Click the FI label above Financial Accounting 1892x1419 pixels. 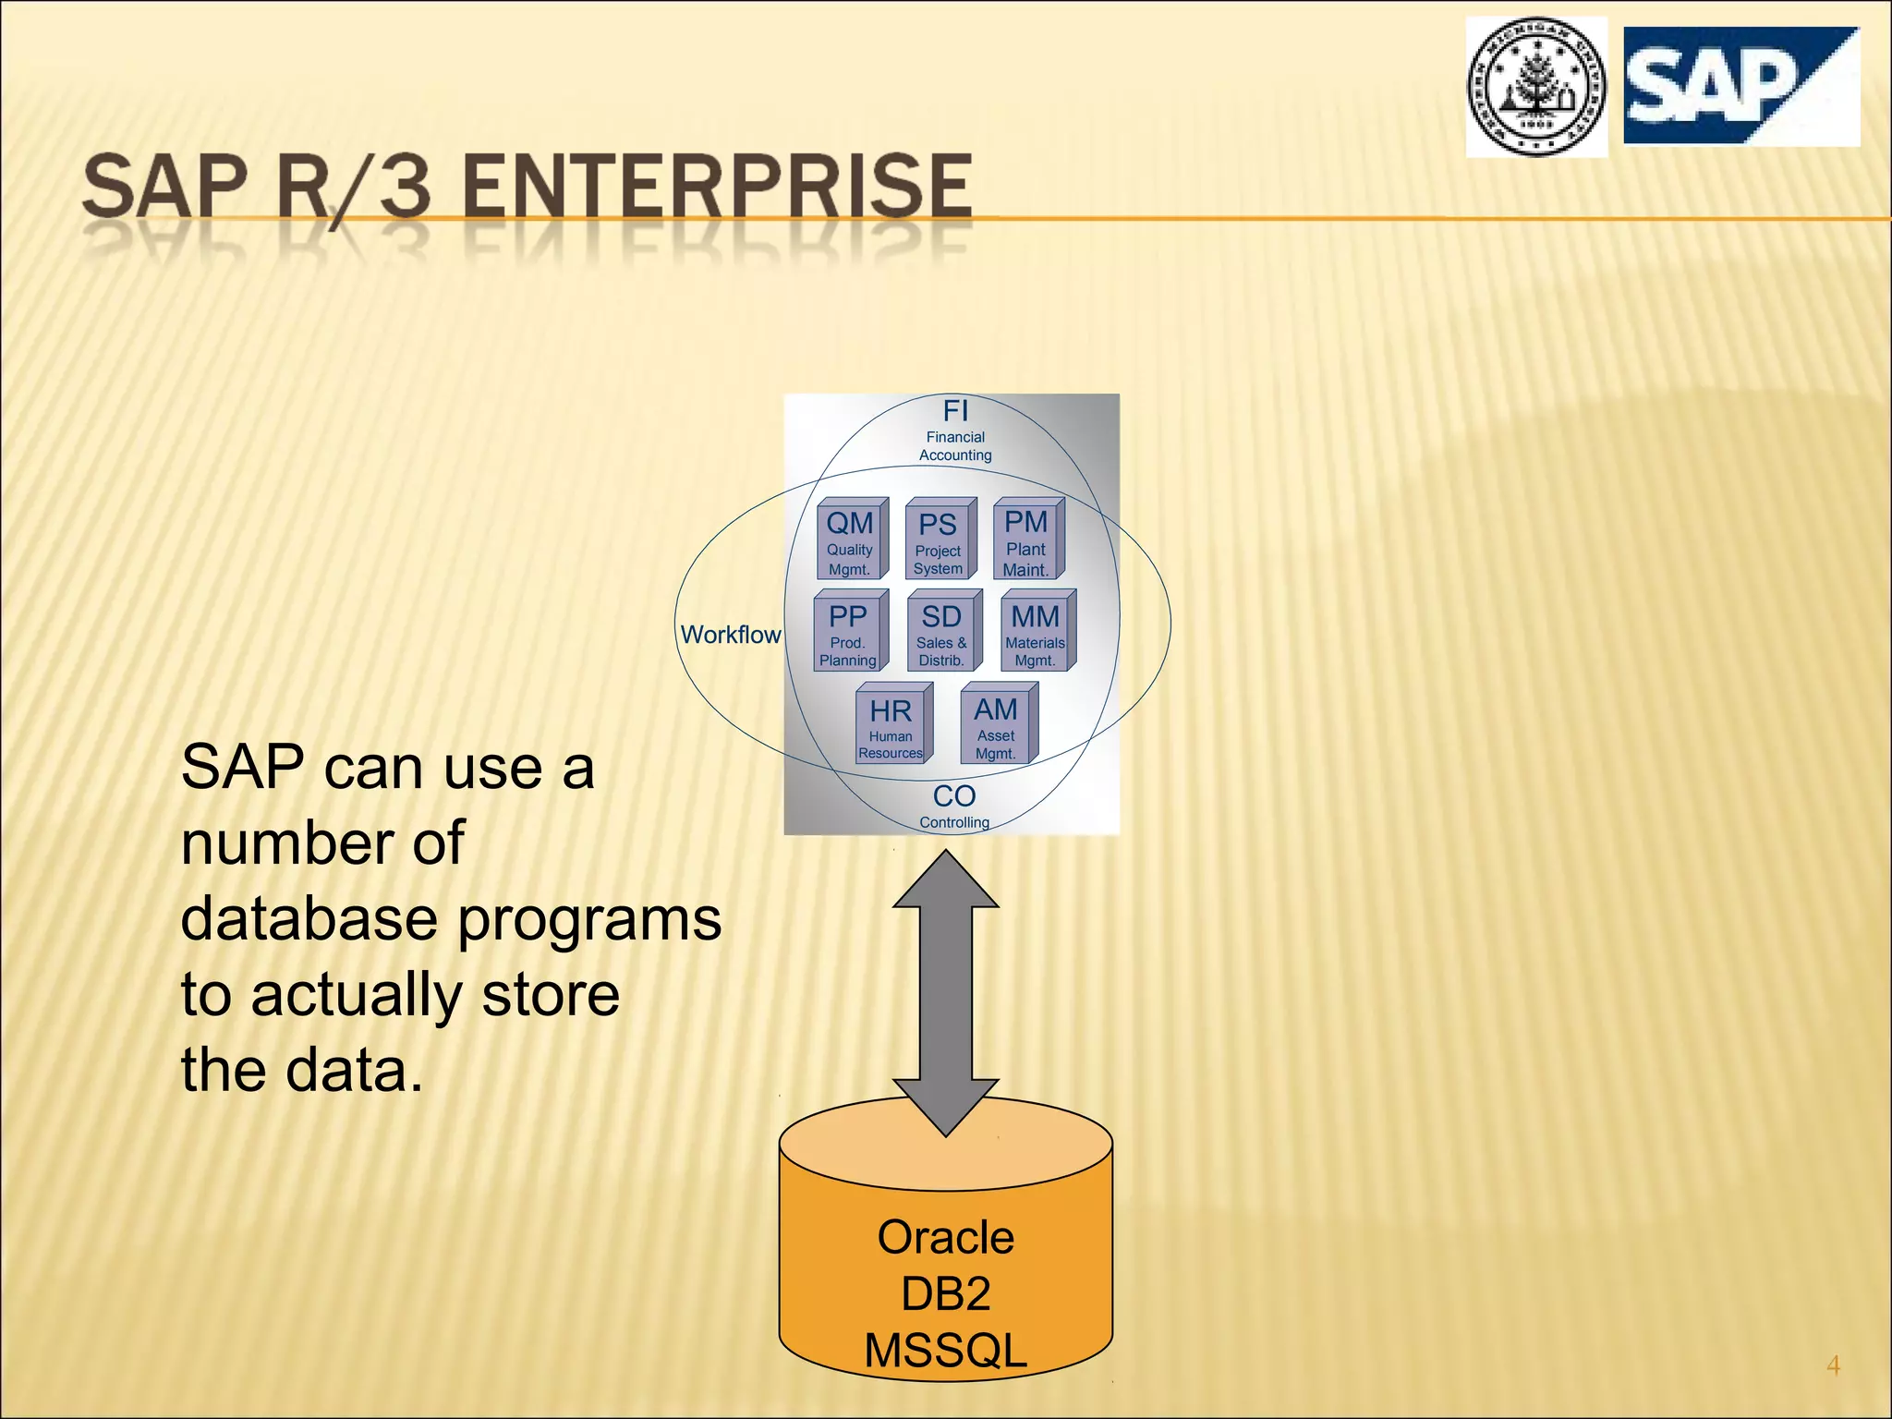coord(955,410)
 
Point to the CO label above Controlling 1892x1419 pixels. coord(954,795)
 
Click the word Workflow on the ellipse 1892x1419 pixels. coord(731,635)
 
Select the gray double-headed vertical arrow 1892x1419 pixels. coord(946,993)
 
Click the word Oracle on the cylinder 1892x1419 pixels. coord(945,1237)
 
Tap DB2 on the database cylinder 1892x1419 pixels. coord(945,1293)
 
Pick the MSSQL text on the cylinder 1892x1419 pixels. coord(945,1350)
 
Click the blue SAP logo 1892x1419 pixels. coord(1740,86)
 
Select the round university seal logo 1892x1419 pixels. coord(1536,87)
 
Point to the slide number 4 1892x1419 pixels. coord(1833,1364)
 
